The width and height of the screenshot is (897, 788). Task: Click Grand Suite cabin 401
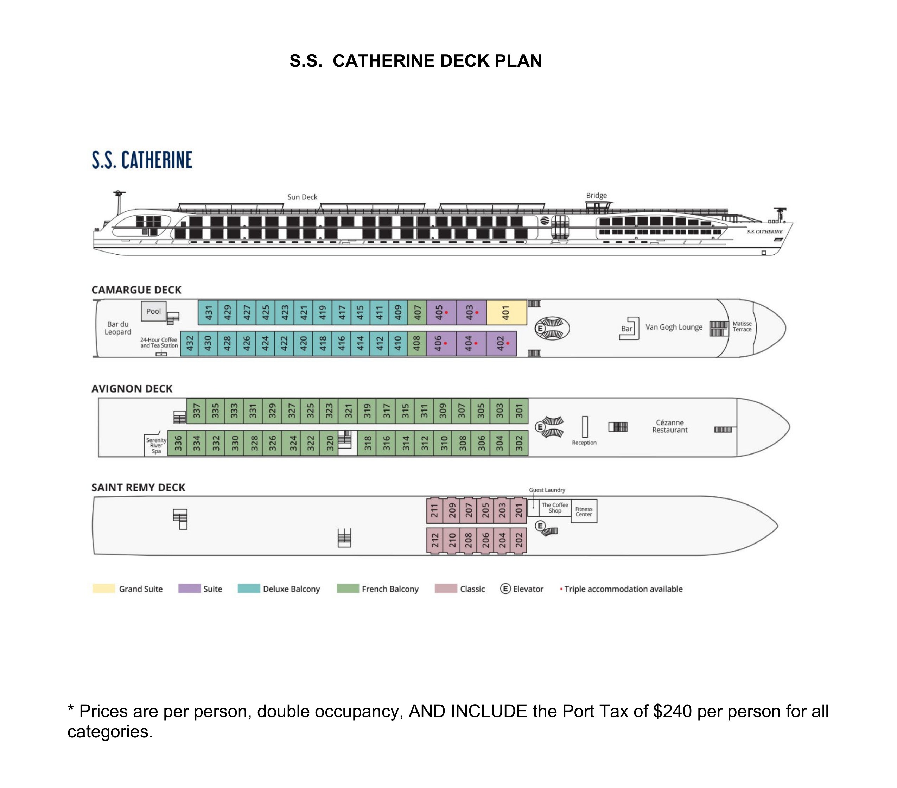tap(507, 312)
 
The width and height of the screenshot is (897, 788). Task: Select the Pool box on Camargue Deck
tap(154, 311)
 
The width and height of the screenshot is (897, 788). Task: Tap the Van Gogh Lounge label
tap(674, 327)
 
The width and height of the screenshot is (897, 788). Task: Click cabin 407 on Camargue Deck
tap(417, 312)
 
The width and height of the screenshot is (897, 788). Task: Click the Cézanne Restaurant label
tap(670, 426)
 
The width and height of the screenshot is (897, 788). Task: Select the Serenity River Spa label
tap(156, 445)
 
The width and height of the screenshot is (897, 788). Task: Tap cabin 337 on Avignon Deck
tap(196, 411)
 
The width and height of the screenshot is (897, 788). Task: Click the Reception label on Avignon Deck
tap(584, 443)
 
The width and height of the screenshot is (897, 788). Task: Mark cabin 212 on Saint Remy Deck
tap(435, 540)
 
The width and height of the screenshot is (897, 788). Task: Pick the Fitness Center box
tap(584, 511)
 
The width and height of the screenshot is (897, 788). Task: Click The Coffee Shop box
tap(555, 508)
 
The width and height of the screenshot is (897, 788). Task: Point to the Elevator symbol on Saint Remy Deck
tap(540, 526)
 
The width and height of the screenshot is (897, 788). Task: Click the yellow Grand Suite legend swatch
tap(103, 589)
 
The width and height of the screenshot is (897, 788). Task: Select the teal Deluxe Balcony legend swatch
tap(249, 589)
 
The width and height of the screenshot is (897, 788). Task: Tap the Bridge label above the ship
tap(596, 196)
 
